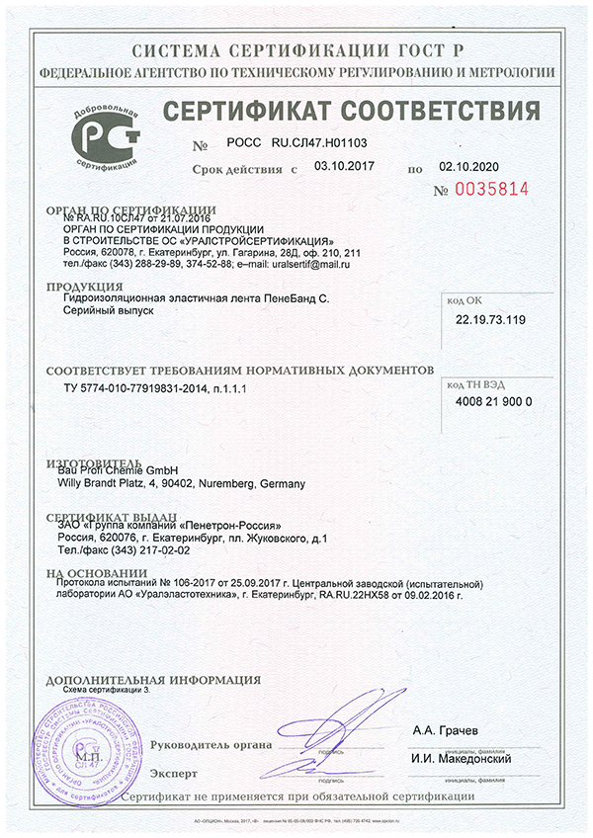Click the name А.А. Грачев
click(x=446, y=730)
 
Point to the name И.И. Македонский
click(x=462, y=758)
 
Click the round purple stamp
click(x=77, y=752)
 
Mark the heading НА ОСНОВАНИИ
click(x=89, y=572)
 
